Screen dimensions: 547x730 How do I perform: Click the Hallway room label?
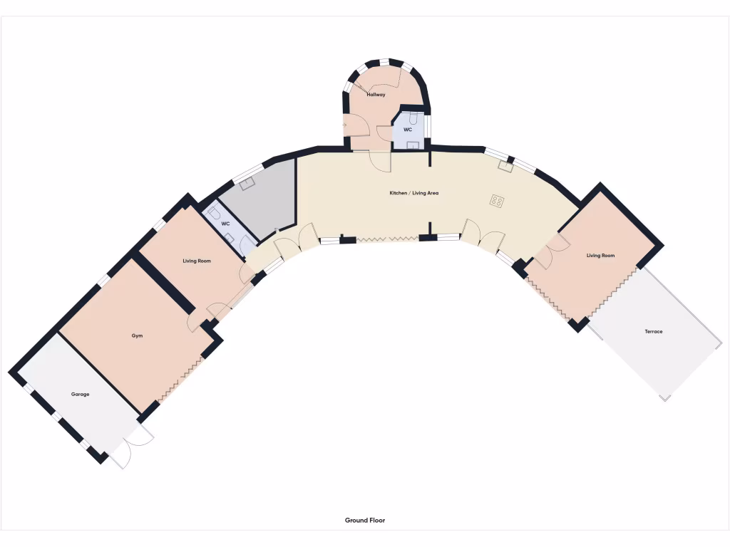click(376, 94)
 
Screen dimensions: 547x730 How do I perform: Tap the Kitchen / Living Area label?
click(413, 193)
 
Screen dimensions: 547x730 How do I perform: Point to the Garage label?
click(80, 394)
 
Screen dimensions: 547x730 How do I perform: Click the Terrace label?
click(653, 331)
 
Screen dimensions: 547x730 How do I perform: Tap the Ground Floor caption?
click(365, 521)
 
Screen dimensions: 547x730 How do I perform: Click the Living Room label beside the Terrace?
click(600, 255)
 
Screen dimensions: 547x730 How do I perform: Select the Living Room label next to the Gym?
click(196, 261)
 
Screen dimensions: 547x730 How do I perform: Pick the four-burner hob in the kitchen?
click(497, 201)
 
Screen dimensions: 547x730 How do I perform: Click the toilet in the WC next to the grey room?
click(214, 213)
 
